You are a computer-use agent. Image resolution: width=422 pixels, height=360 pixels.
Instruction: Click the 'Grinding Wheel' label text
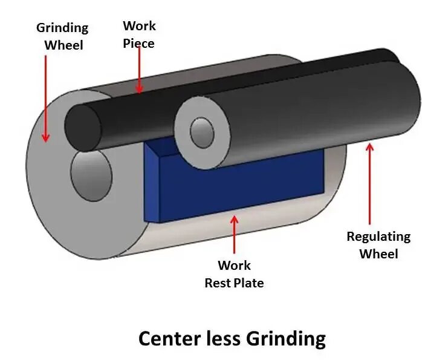click(62, 36)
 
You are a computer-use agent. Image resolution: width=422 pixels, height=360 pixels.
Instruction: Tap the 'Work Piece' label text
click(139, 34)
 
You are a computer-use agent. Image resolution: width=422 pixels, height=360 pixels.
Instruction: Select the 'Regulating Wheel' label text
click(378, 244)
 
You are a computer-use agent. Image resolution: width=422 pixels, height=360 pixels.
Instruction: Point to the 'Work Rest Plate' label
click(234, 273)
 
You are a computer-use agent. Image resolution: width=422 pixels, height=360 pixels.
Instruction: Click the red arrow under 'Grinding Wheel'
click(46, 97)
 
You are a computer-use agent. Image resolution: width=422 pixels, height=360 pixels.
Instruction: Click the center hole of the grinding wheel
click(91, 175)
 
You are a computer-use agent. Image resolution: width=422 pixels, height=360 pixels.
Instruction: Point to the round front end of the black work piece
click(84, 127)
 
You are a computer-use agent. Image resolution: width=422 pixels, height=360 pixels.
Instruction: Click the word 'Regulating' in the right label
click(378, 237)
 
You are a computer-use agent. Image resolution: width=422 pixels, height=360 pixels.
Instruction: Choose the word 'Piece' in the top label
click(139, 43)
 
